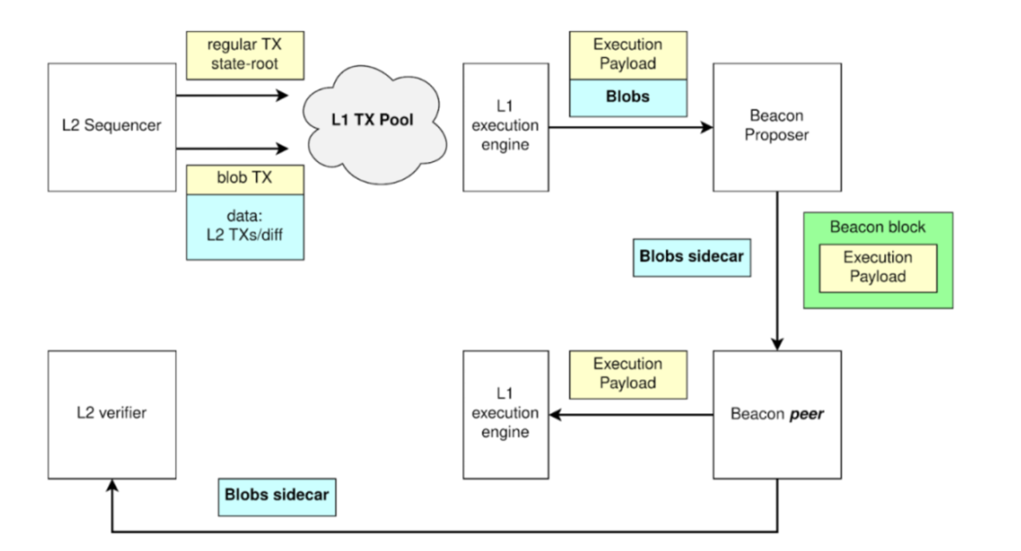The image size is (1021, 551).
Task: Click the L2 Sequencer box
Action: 112,127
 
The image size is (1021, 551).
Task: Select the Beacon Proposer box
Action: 777,127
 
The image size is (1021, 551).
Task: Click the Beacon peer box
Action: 777,414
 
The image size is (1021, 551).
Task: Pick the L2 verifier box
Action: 112,414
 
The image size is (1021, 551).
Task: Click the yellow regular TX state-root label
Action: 245,55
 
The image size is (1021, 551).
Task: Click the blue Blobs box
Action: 628,98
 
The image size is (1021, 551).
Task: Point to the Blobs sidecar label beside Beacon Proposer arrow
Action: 692,257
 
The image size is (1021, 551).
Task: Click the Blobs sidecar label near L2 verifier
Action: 277,497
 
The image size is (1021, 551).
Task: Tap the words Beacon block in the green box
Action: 878,227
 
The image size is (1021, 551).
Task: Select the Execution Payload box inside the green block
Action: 878,268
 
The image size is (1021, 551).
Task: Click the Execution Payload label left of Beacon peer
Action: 628,374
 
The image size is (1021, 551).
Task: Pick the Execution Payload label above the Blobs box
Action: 628,55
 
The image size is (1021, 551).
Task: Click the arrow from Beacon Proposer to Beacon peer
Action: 777,271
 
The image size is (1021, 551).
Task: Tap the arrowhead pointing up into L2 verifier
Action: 112,485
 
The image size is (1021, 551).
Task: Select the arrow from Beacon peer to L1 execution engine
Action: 631,415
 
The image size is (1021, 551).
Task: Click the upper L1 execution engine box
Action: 505,127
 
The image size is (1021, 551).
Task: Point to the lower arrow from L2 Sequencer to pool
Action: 232,149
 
